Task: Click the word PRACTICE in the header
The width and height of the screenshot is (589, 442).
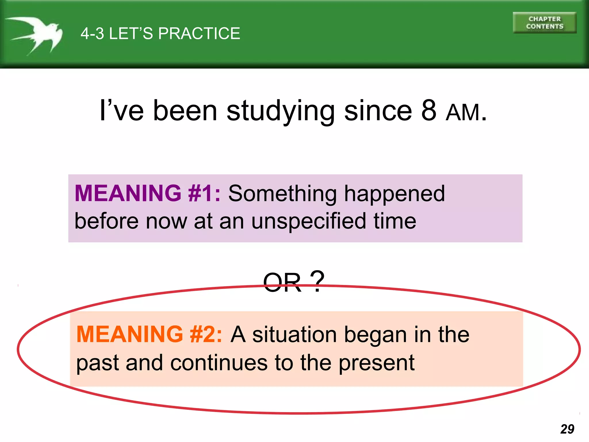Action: coord(199,33)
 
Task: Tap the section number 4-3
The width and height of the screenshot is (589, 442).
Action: coord(92,33)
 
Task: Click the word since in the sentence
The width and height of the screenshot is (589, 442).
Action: coord(378,111)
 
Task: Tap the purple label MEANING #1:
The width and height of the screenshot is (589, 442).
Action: coord(148,193)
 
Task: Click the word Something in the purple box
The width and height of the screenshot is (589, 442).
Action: coord(282,194)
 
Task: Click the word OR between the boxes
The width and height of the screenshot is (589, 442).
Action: coord(282,283)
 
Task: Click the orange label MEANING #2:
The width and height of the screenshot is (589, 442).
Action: coord(149,334)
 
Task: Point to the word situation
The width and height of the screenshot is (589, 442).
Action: coord(294,335)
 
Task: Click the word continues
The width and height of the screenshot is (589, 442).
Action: coord(219,363)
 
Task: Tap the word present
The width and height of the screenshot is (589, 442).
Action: coord(376,363)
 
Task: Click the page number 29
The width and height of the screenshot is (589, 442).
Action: coord(567,429)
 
